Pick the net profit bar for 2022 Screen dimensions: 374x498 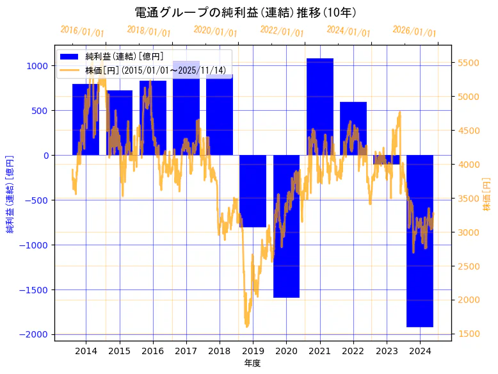[x=353, y=128]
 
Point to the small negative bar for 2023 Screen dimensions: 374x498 [x=387, y=159]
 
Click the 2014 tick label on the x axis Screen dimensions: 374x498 [x=86, y=351]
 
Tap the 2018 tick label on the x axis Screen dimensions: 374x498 [x=220, y=351]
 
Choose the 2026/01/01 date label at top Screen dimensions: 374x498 [x=414, y=31]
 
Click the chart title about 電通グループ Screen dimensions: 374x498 [x=246, y=13]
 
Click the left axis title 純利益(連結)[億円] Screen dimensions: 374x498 [x=10, y=193]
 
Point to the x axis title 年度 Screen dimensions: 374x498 [x=253, y=363]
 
